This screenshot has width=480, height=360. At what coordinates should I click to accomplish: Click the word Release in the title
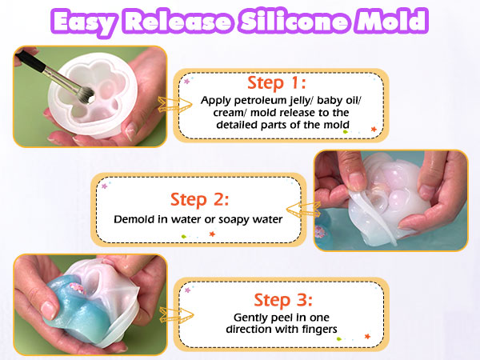coord(181,22)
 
